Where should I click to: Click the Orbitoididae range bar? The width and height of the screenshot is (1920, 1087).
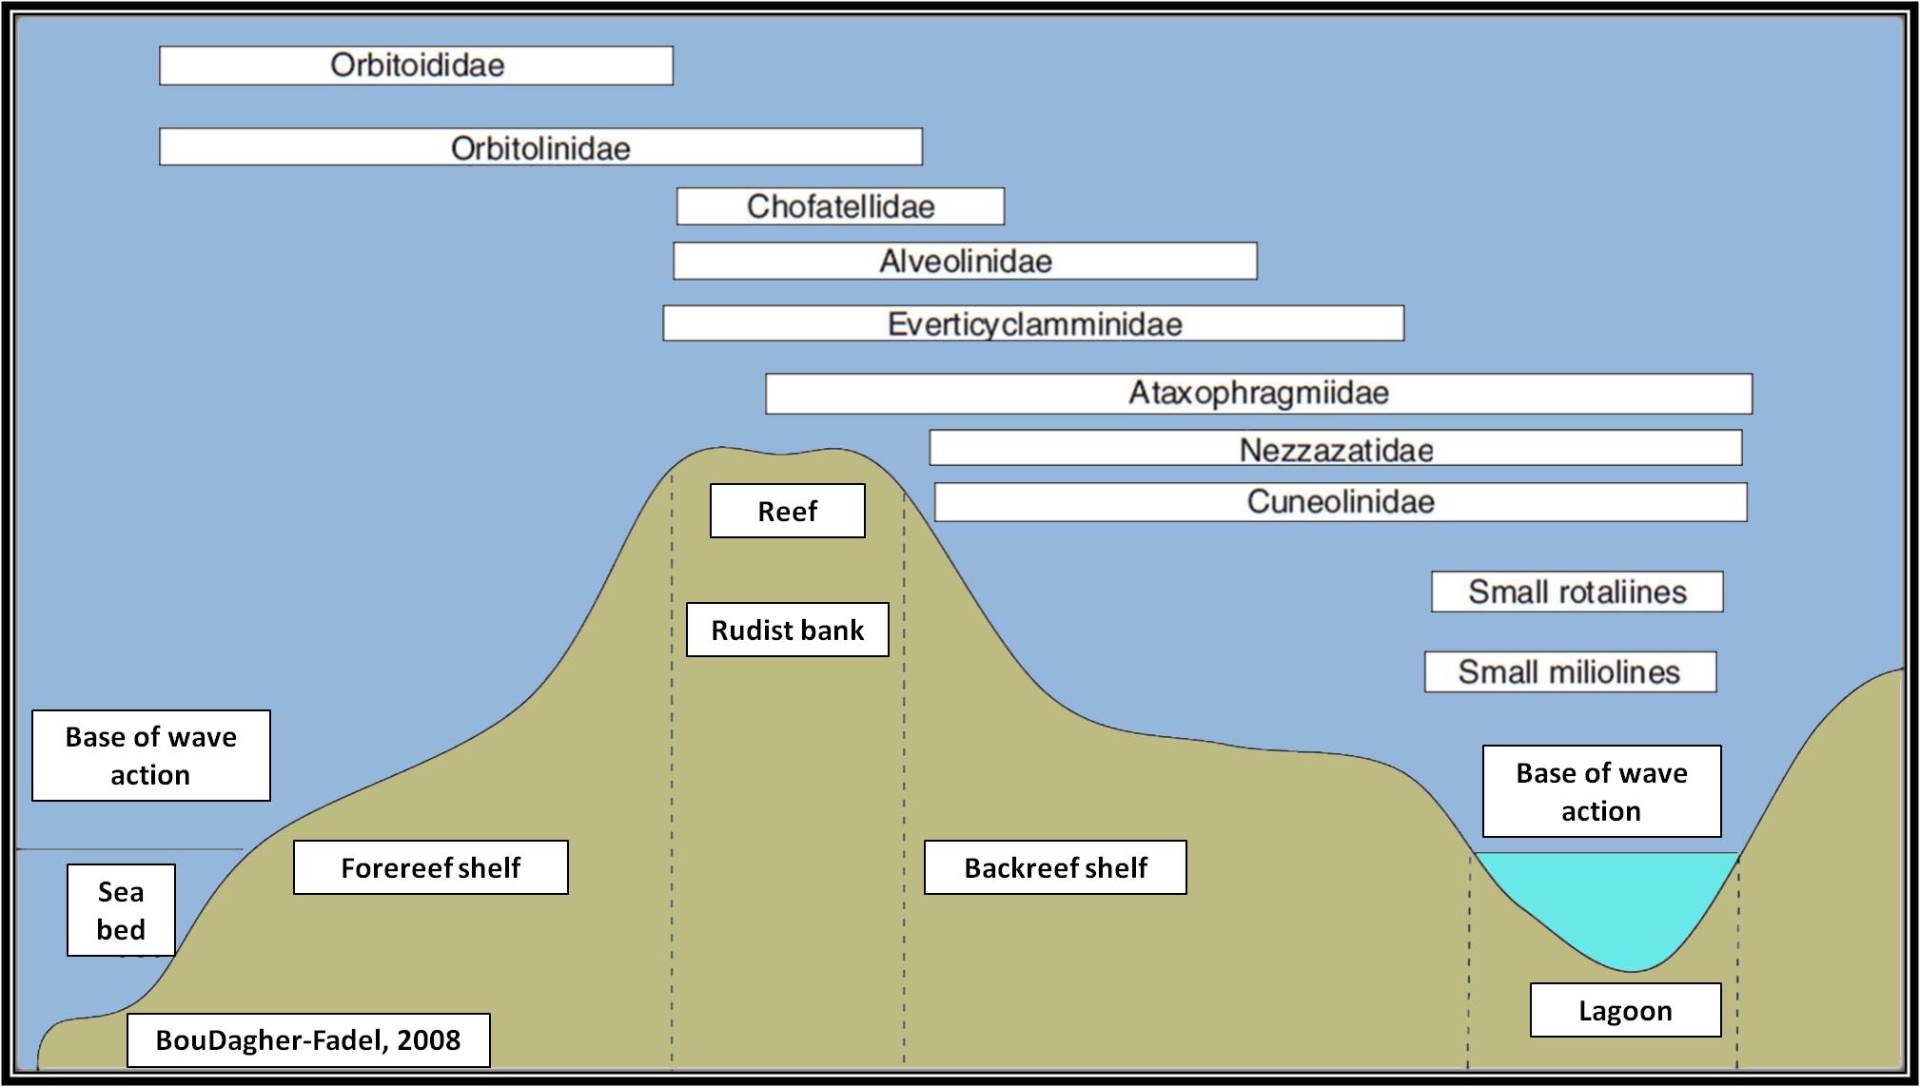[416, 66]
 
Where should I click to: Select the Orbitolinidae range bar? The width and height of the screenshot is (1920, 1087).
[540, 147]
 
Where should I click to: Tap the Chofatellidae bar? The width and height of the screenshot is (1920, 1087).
[840, 206]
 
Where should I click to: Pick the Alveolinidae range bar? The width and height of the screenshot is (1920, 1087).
[965, 261]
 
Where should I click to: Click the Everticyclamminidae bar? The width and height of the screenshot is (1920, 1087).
[1033, 323]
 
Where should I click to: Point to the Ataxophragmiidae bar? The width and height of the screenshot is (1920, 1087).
[1258, 393]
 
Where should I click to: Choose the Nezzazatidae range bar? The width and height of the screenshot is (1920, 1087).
[1335, 448]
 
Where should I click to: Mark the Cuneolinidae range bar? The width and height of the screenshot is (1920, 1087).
[1340, 502]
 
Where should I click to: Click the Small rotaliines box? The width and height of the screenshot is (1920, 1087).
[1577, 592]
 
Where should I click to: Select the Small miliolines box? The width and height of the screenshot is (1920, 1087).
[1570, 671]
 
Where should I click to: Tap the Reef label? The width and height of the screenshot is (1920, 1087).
[787, 511]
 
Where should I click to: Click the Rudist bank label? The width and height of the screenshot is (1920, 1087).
[787, 630]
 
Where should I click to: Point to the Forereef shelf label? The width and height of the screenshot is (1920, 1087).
[430, 867]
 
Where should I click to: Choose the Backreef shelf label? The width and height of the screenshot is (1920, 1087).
[1055, 867]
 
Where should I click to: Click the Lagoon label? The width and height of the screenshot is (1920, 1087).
[1625, 1010]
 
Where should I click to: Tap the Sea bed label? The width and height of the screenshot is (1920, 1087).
[121, 910]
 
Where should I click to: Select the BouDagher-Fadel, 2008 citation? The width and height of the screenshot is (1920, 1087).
[308, 1039]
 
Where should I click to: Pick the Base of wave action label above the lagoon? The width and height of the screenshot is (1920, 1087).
[1601, 791]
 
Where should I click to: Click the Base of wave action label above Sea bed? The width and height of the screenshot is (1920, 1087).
[150, 755]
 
